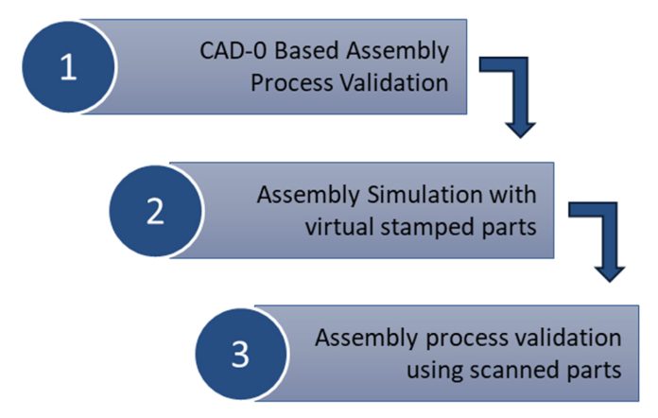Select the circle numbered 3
coord(240,356)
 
